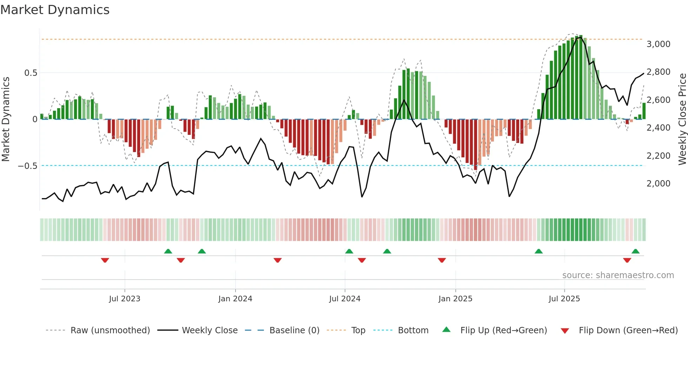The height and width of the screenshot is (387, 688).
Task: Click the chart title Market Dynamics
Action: click(x=55, y=10)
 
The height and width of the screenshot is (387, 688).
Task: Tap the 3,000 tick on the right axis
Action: click(x=658, y=44)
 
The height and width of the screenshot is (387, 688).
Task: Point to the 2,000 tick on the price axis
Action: click(x=658, y=184)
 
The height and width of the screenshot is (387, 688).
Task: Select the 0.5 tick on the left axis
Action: click(x=31, y=73)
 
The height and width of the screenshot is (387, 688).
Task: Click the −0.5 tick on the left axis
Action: click(x=28, y=166)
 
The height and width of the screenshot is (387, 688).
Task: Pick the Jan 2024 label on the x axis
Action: click(x=235, y=299)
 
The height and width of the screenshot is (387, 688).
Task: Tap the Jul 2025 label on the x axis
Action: click(x=564, y=299)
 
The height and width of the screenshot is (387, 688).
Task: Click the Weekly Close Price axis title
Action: click(x=682, y=119)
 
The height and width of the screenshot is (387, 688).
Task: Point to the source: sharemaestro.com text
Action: click(x=618, y=275)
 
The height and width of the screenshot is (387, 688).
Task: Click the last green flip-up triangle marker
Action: click(x=635, y=251)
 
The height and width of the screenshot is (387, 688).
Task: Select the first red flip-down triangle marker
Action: click(x=105, y=260)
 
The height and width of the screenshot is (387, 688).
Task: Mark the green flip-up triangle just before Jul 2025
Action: click(x=538, y=251)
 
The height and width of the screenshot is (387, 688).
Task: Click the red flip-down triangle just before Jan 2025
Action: click(x=442, y=260)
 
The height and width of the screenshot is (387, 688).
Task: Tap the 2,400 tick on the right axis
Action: click(x=658, y=128)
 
